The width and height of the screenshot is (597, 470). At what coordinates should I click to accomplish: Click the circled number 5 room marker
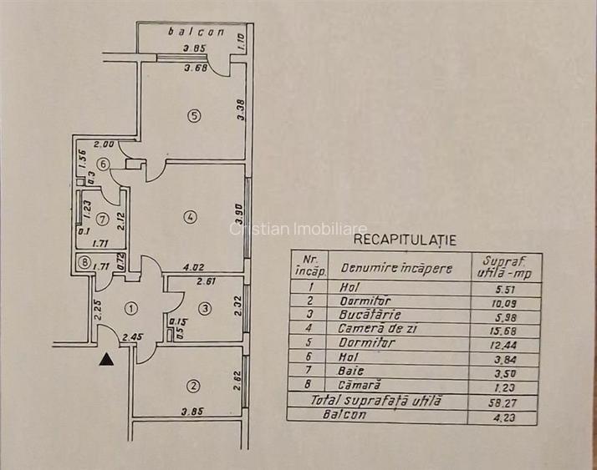[x=194, y=116]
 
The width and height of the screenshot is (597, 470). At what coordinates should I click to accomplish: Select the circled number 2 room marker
[x=193, y=385]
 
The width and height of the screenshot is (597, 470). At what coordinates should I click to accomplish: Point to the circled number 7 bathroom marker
[x=102, y=220]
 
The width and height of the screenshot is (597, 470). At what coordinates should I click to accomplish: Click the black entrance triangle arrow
[x=106, y=360]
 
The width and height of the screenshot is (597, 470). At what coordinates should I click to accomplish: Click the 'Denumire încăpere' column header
[x=395, y=269]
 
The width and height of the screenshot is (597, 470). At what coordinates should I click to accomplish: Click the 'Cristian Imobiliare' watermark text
[x=298, y=228]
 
